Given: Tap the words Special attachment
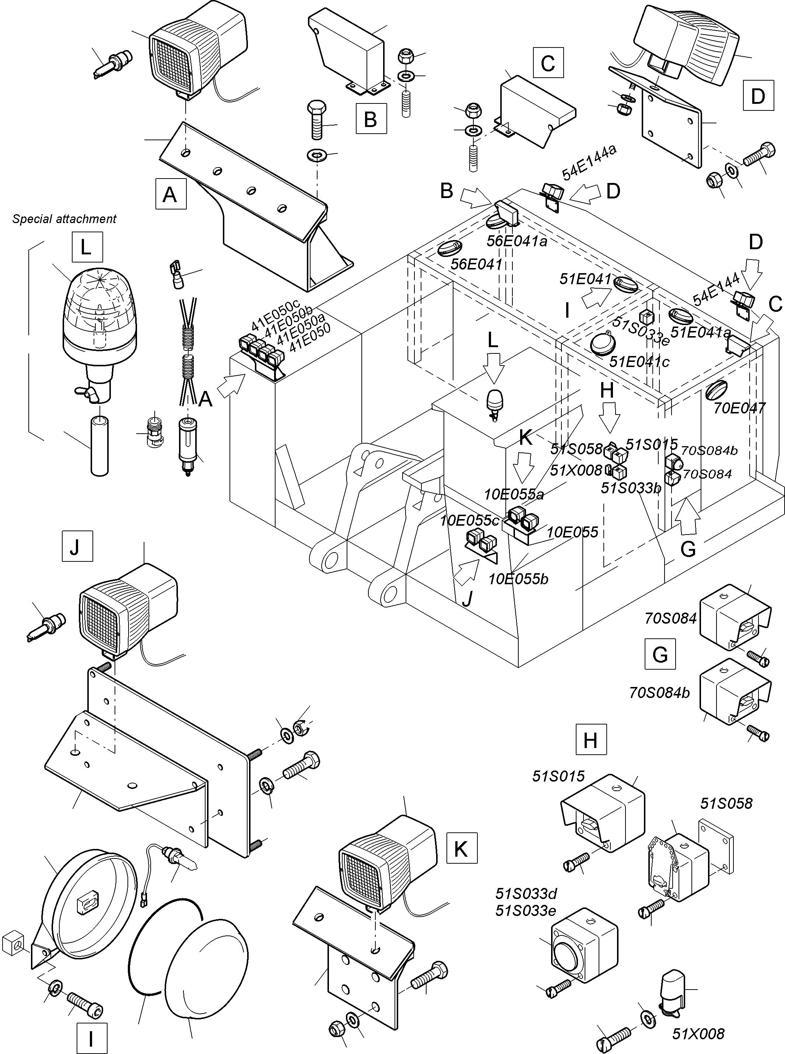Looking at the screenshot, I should pyautogui.click(x=64, y=219).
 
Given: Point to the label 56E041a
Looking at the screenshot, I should pyautogui.click(x=516, y=241).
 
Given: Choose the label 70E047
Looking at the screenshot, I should pyautogui.click(x=739, y=408).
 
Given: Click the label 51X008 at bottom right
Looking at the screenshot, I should pyautogui.click(x=698, y=1034).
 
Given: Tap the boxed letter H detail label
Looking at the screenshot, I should pyautogui.click(x=590, y=740).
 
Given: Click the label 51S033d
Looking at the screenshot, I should pyautogui.click(x=526, y=893).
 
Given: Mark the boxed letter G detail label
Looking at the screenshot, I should pyautogui.click(x=660, y=654).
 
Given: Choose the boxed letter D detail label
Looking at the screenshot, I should pyautogui.click(x=757, y=96).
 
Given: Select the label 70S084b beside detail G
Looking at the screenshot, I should pyautogui.click(x=659, y=693).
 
